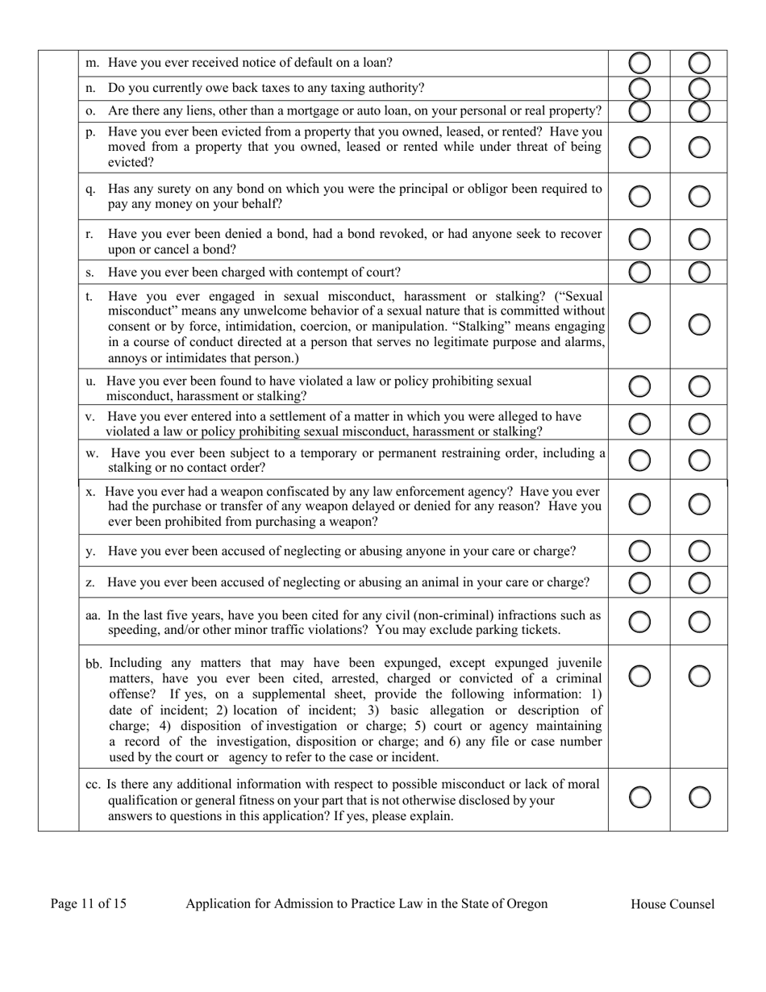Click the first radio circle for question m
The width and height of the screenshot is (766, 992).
coord(639,63)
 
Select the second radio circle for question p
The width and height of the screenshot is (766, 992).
coord(700,147)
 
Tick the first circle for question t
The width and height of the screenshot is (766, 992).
coord(639,323)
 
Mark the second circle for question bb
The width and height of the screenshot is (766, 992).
coord(700,676)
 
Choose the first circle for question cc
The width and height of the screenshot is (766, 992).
coord(639,798)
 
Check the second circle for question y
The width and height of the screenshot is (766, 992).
coord(700,552)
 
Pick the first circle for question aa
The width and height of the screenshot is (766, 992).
coord(639,622)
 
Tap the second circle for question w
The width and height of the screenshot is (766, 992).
coord(700,461)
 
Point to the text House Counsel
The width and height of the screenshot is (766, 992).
coord(672,904)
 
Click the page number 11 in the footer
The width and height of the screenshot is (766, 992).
coord(89,903)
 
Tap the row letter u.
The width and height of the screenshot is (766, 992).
coord(90,381)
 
